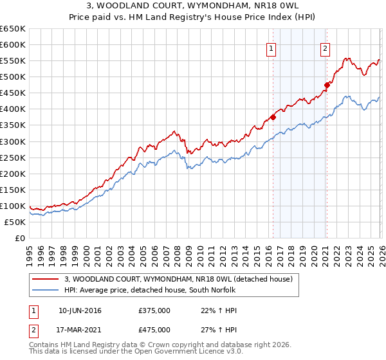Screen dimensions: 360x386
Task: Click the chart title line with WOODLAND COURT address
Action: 193,6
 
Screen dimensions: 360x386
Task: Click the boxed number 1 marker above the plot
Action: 271,48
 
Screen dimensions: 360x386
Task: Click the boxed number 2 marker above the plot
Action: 326,48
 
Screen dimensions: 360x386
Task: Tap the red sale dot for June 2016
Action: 273,117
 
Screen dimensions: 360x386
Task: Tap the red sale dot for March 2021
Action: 327,84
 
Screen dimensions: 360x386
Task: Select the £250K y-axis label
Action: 13,157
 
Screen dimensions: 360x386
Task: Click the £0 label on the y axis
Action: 19,238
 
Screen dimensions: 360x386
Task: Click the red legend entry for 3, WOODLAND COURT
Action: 179,279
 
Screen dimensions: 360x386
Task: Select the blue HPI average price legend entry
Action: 150,290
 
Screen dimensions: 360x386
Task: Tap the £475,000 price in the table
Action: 154,330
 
